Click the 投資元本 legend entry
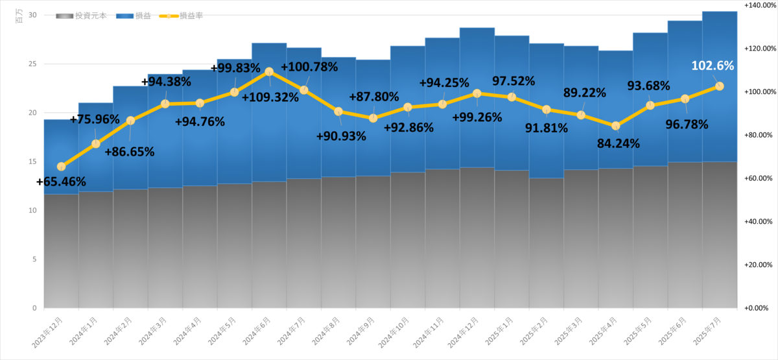pos(81,16)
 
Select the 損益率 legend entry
pos(181,16)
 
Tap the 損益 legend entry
pos(134,16)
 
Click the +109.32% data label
pos(270,97)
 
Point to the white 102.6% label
pos(713,66)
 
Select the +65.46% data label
pos(61,182)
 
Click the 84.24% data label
pos(619,143)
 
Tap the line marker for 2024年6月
pos(269,72)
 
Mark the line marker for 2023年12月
pos(61,167)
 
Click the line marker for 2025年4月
pos(615,126)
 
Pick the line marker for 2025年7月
pos(719,86)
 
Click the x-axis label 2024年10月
pos(394,332)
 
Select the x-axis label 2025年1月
pos(499,331)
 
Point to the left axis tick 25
pos(32,64)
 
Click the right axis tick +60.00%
pos(758,178)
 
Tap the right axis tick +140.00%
pos(760,5)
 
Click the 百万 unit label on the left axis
pos(19,16)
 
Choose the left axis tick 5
pos(34,259)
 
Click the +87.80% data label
pos(373,97)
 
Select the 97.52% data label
pos(513,81)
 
